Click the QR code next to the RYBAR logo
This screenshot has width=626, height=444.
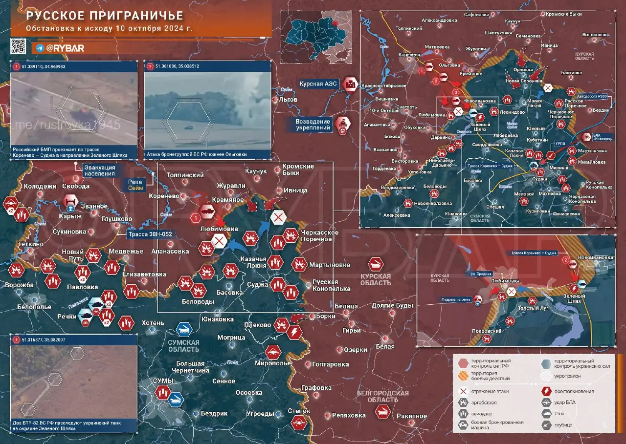click(x=18, y=46)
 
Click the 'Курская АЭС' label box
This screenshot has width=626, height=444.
click(x=318, y=84)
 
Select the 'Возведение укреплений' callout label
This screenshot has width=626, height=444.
click(x=313, y=125)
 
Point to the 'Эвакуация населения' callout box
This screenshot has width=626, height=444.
click(x=99, y=170)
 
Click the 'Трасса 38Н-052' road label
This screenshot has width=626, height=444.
click(x=150, y=234)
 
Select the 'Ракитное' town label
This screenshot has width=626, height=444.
click(x=411, y=416)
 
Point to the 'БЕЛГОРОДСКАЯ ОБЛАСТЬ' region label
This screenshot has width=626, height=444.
click(x=382, y=396)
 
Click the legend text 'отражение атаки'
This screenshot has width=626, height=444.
click(x=491, y=391)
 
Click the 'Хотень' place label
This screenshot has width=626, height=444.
click(x=153, y=323)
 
